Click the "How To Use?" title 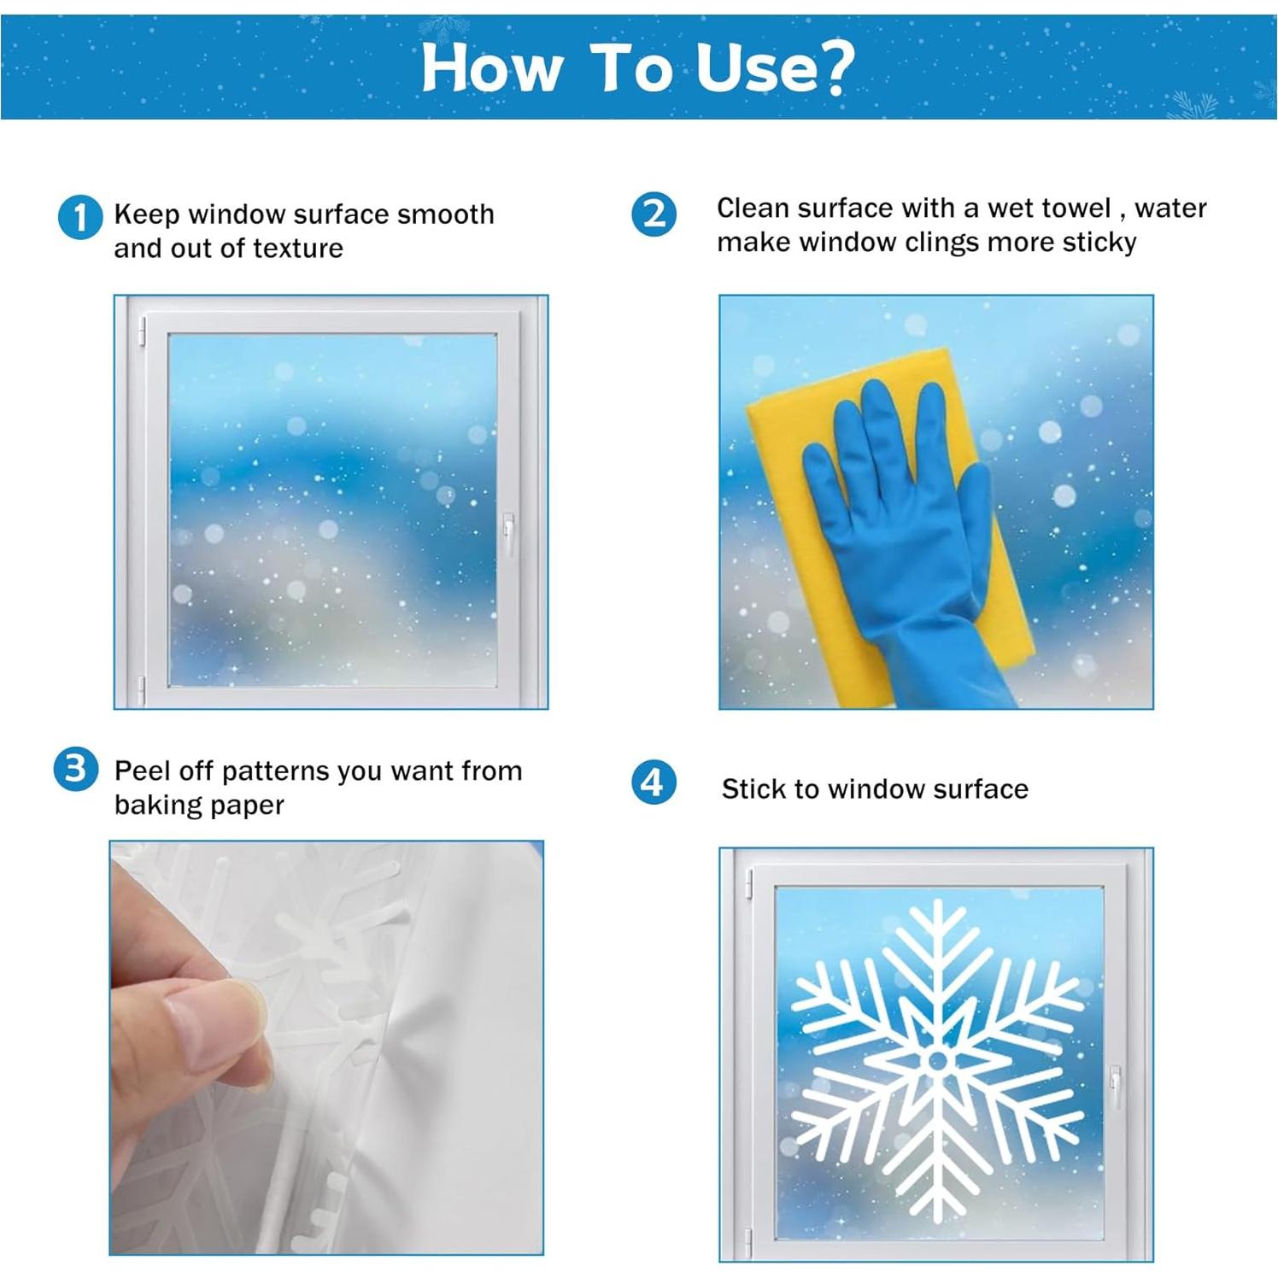click(x=637, y=67)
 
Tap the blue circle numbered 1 click(x=79, y=217)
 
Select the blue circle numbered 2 click(x=654, y=214)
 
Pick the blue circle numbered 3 click(x=75, y=769)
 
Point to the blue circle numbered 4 click(x=653, y=783)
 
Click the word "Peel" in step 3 click(x=139, y=771)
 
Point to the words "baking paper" click(x=199, y=805)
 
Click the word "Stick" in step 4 click(x=753, y=788)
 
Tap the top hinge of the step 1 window click(x=142, y=331)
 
